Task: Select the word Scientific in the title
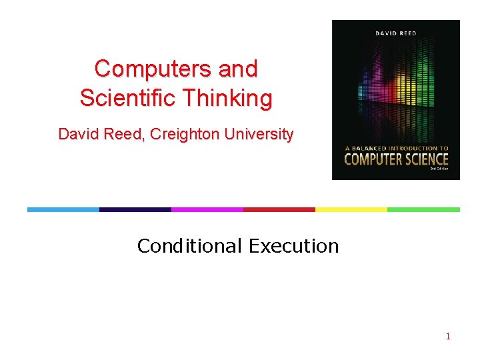pyautogui.click(x=119, y=98)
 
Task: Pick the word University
pyautogui.click(x=259, y=134)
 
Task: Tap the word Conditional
pyautogui.click(x=189, y=246)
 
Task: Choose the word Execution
pyautogui.click(x=294, y=246)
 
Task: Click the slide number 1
pyautogui.click(x=448, y=336)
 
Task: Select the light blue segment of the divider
pyautogui.click(x=63, y=209)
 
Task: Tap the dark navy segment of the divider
pyautogui.click(x=135, y=209)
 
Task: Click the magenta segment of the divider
pyautogui.click(x=207, y=209)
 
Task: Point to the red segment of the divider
pyautogui.click(x=279, y=209)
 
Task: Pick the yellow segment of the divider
pyautogui.click(x=351, y=209)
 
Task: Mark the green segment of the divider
pyautogui.click(x=423, y=209)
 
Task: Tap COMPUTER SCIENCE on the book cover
pyautogui.click(x=396, y=159)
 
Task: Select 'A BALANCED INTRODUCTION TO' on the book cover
pyautogui.click(x=396, y=148)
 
